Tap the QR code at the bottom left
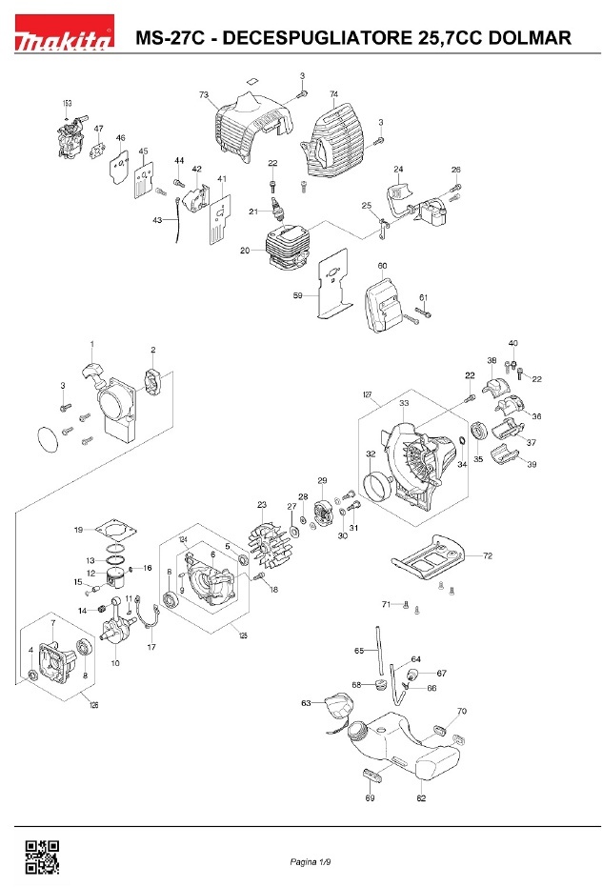tap(41, 857)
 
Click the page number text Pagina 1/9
tap(311, 863)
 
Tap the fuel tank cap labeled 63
tap(335, 708)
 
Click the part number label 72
tap(488, 554)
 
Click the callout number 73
tap(204, 95)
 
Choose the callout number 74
tap(333, 94)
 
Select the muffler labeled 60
tap(384, 303)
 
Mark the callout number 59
tap(297, 296)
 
